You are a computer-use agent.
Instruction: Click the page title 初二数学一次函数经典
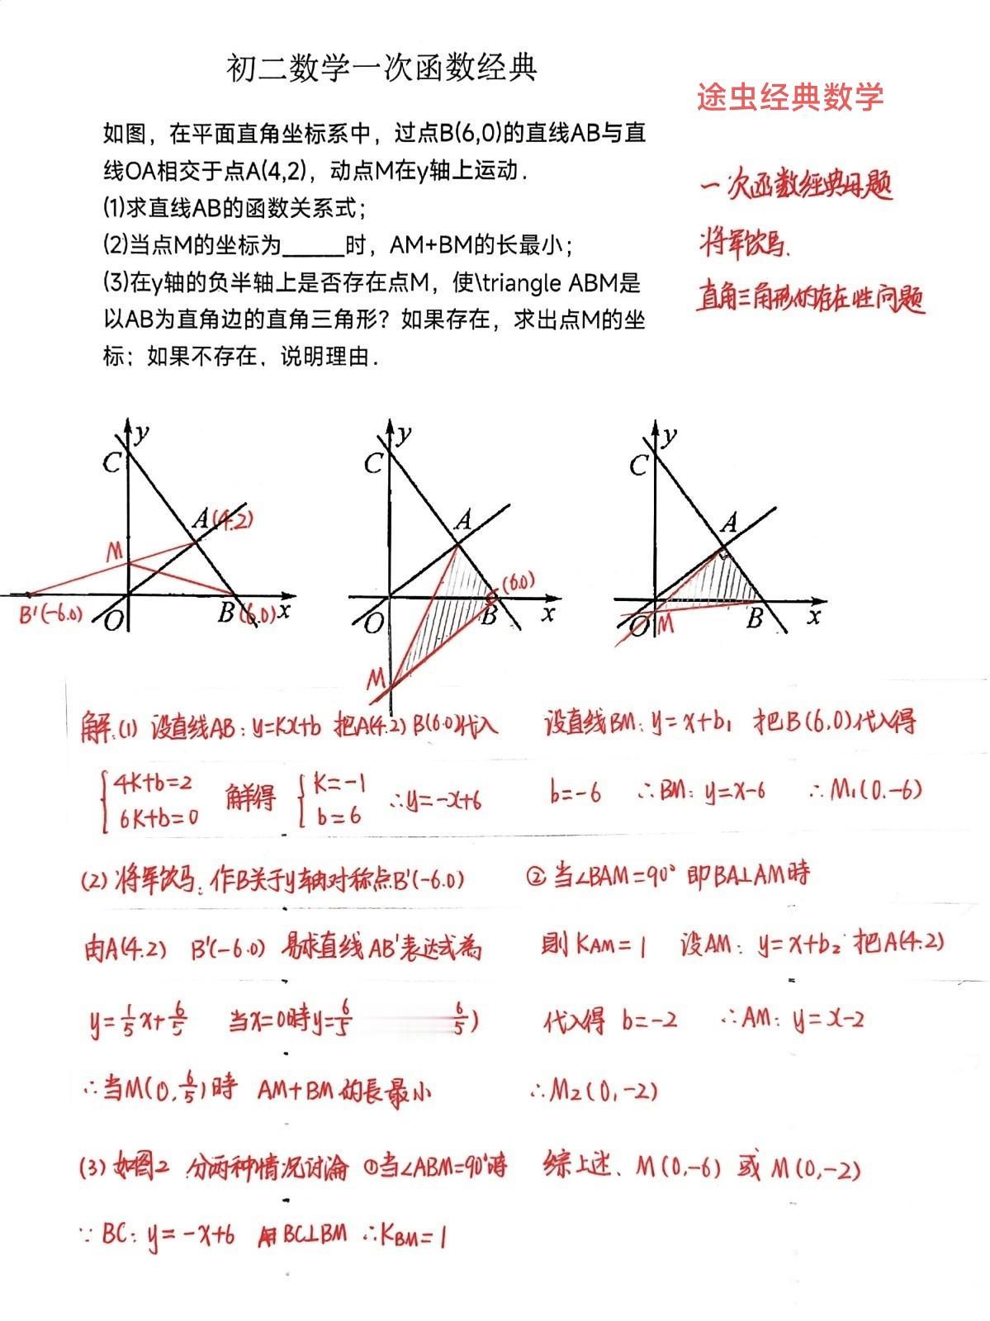pos(381,69)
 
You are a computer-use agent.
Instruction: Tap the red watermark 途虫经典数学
pos(790,97)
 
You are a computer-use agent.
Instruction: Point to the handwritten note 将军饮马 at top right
pos(742,244)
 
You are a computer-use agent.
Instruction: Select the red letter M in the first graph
pos(115,552)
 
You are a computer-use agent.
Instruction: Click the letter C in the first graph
pos(111,463)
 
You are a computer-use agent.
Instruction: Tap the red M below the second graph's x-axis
pos(376,679)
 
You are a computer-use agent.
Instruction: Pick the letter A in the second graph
pos(463,520)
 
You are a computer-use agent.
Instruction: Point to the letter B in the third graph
pos(754,618)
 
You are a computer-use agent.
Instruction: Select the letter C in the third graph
pos(638,465)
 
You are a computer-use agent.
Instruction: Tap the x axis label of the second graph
pos(547,613)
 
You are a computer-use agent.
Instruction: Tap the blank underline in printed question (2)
pos(312,246)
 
